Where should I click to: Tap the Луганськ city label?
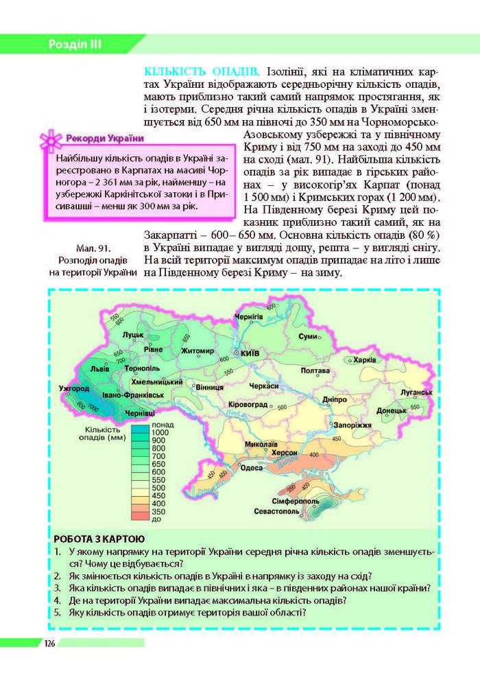[417, 392]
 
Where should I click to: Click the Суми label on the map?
[309, 336]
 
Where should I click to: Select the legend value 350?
[159, 511]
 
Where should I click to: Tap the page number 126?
[49, 643]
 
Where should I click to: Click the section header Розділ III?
[75, 45]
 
